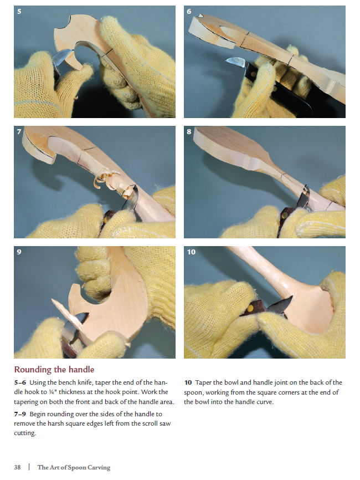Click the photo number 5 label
pos(19,12)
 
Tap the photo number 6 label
pos(189,12)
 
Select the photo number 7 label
pos(19,131)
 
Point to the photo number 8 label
pos(189,131)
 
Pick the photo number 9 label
pos(19,252)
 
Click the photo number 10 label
pos(191,252)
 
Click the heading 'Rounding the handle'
pos(54,370)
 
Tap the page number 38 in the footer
pos(17,467)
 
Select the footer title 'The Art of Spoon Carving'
pos(74,467)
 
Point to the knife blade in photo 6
pos(236,62)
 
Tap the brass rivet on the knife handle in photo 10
pos(251,308)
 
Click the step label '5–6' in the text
pos(20,382)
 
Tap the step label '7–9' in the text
pos(20,414)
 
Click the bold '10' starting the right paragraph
pos(188,382)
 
